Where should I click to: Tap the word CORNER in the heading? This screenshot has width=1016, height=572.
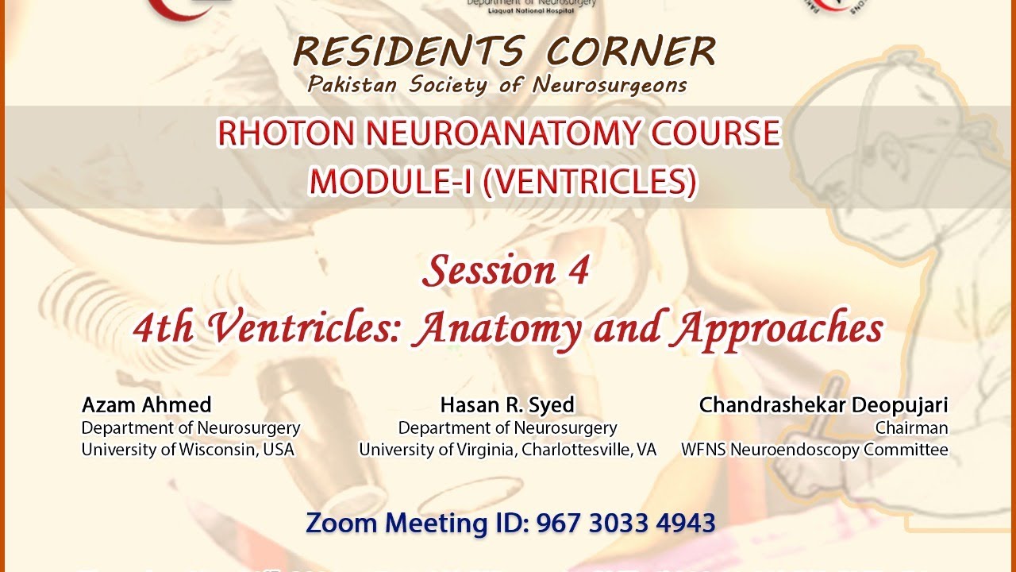click(x=631, y=52)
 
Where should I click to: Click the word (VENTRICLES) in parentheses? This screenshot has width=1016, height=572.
click(x=589, y=182)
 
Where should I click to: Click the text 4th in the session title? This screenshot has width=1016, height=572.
click(x=164, y=328)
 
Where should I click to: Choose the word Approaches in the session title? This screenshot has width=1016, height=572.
click(x=777, y=328)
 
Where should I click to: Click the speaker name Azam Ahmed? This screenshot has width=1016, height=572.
click(x=146, y=405)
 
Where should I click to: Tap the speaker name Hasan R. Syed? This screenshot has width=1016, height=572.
click(x=507, y=405)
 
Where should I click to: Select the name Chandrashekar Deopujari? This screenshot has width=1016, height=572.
click(x=823, y=405)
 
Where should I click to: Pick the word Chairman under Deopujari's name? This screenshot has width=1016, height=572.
click(x=911, y=428)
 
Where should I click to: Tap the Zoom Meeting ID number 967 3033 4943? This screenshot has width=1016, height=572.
click(x=625, y=524)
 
